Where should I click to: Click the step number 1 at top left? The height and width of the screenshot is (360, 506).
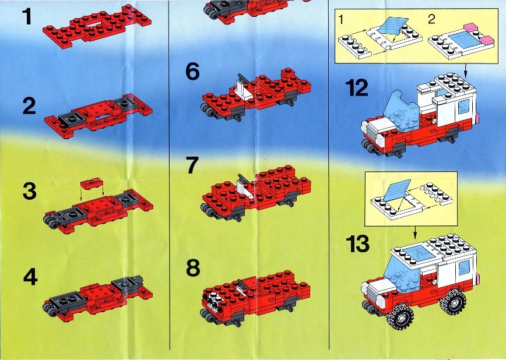[x=27, y=17]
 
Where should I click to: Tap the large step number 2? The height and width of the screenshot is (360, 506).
[x=29, y=106]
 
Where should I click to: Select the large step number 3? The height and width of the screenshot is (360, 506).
[x=29, y=191]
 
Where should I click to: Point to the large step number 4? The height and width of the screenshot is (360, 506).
[x=30, y=277]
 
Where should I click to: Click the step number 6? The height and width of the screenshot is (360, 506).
[x=192, y=72]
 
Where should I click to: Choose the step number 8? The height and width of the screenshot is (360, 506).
[x=193, y=268]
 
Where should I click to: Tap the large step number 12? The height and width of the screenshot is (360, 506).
[x=357, y=88]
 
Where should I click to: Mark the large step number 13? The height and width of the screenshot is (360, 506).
[x=357, y=244]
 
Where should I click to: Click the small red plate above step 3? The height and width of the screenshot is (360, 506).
[x=92, y=183]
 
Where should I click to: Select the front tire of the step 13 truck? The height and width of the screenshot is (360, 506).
[x=400, y=317]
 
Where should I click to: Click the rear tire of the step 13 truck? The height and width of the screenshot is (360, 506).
[x=453, y=302]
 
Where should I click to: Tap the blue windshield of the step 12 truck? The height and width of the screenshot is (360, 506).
[x=401, y=111]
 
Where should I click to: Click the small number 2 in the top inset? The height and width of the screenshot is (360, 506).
[x=431, y=19]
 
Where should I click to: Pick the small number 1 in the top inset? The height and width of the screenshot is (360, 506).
[x=341, y=20]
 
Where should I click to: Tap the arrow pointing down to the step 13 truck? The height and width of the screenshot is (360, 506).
[x=415, y=231]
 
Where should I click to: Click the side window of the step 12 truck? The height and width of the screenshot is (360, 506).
[x=464, y=107]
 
